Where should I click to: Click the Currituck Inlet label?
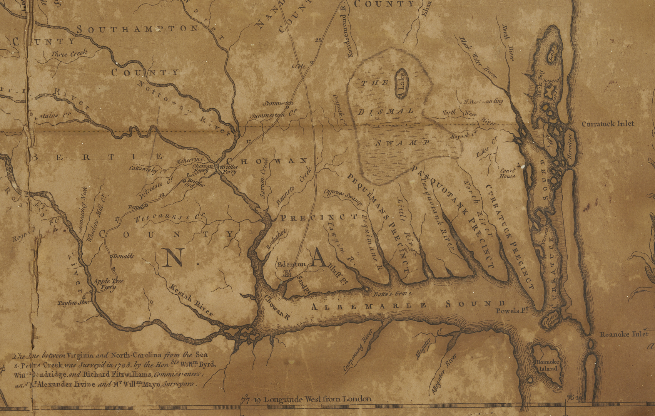click(x=608, y=124)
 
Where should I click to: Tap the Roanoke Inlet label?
click(x=624, y=334)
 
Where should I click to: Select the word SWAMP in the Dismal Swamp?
click(x=401, y=143)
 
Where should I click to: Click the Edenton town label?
click(x=291, y=265)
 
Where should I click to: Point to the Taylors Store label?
click(x=74, y=303)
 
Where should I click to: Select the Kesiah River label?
click(x=191, y=300)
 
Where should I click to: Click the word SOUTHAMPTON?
click(x=137, y=29)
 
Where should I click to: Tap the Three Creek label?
click(x=69, y=54)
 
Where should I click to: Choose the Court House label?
click(x=507, y=173)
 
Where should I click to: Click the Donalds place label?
click(x=124, y=256)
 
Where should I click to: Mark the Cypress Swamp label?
click(x=343, y=196)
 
